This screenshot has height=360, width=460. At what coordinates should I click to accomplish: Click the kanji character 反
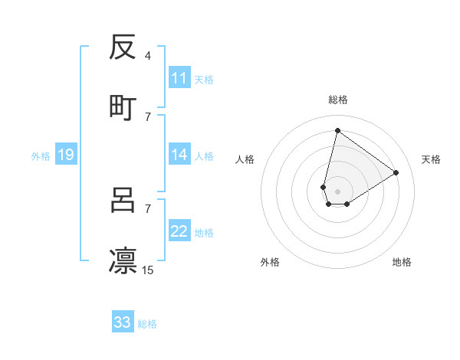pos(123,47)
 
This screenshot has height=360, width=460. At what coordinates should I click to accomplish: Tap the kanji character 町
pos(123,107)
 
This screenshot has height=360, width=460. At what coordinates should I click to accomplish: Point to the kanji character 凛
pos(123,260)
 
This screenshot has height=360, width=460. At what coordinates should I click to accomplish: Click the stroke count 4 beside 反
pos(147,56)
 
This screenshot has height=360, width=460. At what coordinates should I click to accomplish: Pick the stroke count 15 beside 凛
pos(148,270)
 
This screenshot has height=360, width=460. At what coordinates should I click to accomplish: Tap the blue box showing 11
pos(179,78)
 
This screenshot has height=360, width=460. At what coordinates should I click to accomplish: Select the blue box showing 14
pos(179,155)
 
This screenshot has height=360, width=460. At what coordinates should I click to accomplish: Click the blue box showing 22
pos(179,231)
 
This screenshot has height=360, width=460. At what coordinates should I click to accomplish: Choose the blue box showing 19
pos(65,155)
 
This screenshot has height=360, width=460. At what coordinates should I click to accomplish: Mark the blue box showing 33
pos(123,322)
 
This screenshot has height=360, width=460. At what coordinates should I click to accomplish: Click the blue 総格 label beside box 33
pos(147,324)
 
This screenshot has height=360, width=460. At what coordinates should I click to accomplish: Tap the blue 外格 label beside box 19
pos(41,156)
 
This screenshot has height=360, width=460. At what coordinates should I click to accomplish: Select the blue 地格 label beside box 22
pos(204,233)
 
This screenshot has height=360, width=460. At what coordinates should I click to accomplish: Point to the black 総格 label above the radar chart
pos(338,100)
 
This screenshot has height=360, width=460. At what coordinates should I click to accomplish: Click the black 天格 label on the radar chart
pos(431,159)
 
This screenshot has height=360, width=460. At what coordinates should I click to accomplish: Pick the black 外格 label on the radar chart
pos(270,262)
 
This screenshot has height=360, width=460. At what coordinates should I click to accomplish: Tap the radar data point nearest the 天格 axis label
pos(396,172)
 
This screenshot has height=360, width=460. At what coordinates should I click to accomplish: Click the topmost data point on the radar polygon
pos(337,131)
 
